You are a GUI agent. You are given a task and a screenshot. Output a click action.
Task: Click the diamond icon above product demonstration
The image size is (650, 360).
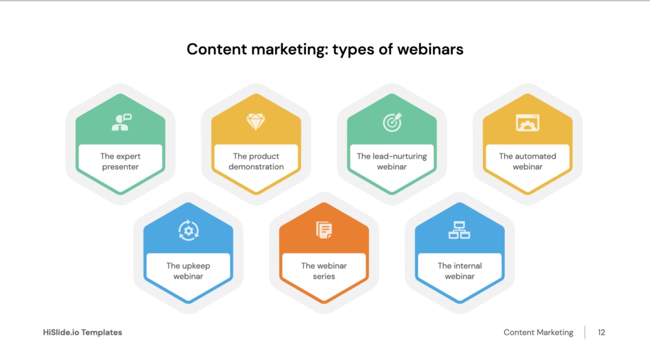pyautogui.click(x=256, y=122)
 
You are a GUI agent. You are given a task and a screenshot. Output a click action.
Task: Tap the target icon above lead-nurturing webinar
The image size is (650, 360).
pyautogui.click(x=392, y=122)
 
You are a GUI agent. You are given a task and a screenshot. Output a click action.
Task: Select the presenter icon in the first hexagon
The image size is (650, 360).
pyautogui.click(x=121, y=122)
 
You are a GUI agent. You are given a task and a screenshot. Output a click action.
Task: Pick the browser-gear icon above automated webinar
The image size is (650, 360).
pyautogui.click(x=528, y=122)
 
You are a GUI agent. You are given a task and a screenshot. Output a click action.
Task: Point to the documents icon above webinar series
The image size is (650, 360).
pyautogui.click(x=324, y=230)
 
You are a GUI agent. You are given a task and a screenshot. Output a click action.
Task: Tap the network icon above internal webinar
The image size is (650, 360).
pyautogui.click(x=459, y=231)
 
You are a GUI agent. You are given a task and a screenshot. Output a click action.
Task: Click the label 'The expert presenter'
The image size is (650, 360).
pyautogui.click(x=120, y=161)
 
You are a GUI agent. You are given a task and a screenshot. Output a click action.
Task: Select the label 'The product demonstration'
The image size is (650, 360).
pyautogui.click(x=256, y=161)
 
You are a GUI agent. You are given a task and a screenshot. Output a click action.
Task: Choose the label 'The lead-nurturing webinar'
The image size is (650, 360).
pyautogui.click(x=392, y=161)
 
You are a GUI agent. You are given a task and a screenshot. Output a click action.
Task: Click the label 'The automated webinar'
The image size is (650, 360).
pyautogui.click(x=528, y=161)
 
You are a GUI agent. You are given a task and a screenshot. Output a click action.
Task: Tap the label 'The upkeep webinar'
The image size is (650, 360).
pyautogui.click(x=188, y=271)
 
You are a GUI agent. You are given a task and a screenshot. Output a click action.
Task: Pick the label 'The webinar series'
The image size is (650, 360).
pyautogui.click(x=324, y=271)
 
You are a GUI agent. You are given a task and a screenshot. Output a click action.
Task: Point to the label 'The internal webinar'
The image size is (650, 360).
pyautogui.click(x=459, y=271)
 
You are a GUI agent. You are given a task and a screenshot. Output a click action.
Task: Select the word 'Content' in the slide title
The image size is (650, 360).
pyautogui.click(x=215, y=49)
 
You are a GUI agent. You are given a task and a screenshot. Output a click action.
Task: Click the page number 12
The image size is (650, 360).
pyautogui.click(x=601, y=332)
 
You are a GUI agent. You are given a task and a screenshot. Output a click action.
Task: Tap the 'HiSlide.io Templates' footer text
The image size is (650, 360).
pyautogui.click(x=82, y=332)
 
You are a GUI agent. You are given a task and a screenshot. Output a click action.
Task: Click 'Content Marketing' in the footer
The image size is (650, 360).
pyautogui.click(x=538, y=332)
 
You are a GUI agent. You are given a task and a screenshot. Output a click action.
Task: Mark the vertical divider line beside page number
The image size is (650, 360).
pyautogui.click(x=585, y=332)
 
